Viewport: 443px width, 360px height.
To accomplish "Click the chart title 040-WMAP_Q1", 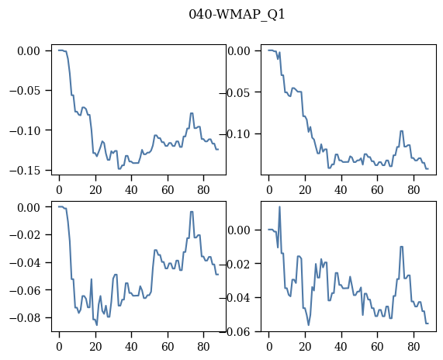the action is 237,15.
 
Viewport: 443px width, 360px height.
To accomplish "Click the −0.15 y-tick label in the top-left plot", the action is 27,171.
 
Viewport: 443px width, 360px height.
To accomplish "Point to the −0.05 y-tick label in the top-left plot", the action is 27,91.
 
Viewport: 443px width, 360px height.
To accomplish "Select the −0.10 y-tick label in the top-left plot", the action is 27,130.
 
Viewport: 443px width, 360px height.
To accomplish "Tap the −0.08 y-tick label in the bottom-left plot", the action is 27,318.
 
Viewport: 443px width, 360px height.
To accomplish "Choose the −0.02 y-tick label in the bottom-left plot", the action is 27,235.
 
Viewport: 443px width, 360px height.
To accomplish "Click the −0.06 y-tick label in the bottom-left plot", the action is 27,290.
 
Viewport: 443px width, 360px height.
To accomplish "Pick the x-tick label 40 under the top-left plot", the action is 131,190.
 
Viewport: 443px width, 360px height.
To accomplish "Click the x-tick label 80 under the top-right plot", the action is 414,190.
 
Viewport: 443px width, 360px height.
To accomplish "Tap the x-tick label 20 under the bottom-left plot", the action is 95,347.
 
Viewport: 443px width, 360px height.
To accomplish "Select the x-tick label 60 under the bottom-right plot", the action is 378,347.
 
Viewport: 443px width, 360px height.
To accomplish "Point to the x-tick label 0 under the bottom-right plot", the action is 269,347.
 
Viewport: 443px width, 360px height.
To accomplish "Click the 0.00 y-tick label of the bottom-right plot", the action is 239,230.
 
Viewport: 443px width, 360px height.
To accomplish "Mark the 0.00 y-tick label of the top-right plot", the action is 239,51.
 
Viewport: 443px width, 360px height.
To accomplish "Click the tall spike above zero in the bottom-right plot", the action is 279,207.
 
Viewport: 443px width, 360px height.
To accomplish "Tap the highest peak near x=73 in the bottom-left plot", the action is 192,212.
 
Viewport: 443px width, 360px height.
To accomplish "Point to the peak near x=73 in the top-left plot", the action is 192,113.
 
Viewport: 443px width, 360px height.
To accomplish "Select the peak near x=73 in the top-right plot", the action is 401,131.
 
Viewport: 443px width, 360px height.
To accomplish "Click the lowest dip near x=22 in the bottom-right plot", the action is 309,325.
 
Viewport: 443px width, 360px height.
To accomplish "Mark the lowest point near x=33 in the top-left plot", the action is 119,168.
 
